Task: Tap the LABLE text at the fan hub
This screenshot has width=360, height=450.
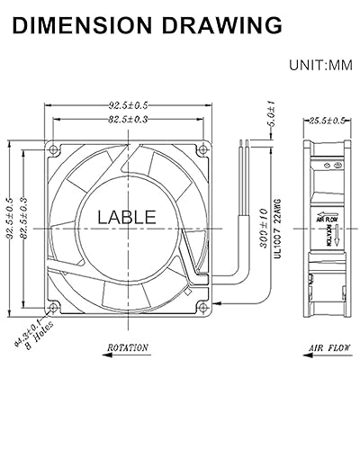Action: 126,217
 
